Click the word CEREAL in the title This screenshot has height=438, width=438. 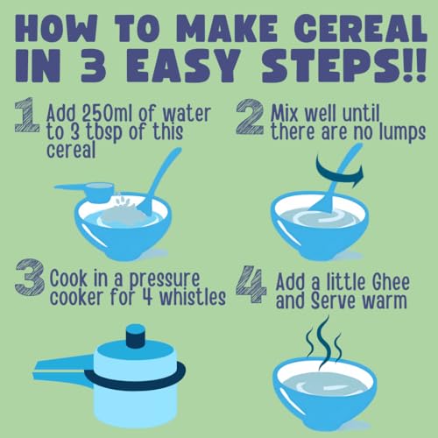361,28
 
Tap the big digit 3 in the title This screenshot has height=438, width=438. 93,66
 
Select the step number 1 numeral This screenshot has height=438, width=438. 27,115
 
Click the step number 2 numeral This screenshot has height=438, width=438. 250,117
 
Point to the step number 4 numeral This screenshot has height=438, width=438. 251,284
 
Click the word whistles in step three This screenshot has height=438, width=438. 193,297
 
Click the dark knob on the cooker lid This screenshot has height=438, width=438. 135,336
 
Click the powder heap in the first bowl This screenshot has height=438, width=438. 123,213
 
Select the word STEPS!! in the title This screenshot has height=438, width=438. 344,66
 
